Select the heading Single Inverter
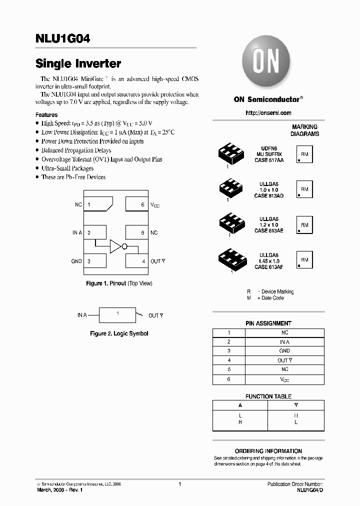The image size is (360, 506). (78, 63)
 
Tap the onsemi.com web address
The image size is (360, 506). (268, 113)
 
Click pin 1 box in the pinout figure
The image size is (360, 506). (98, 204)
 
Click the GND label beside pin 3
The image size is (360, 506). (76, 261)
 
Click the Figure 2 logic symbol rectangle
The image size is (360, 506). (117, 314)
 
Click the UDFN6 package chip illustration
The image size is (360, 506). (231, 154)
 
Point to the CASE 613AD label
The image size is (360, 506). (268, 195)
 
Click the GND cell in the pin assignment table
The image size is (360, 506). (284, 351)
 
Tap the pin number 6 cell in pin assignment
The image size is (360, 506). (229, 379)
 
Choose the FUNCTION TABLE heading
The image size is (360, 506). (268, 396)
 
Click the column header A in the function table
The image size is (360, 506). (240, 405)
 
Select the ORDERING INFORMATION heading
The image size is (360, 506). (268, 451)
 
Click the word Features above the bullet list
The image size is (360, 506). (46, 115)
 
